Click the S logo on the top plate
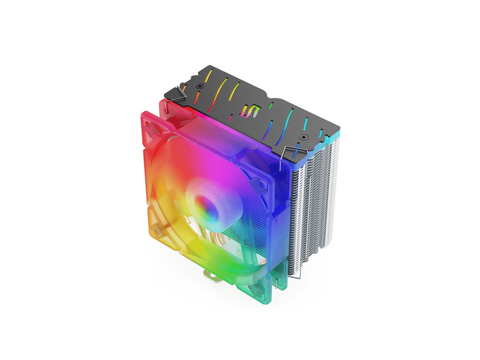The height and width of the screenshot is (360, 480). tap(247, 112)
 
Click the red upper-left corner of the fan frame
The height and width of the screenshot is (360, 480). tap(150, 120)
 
